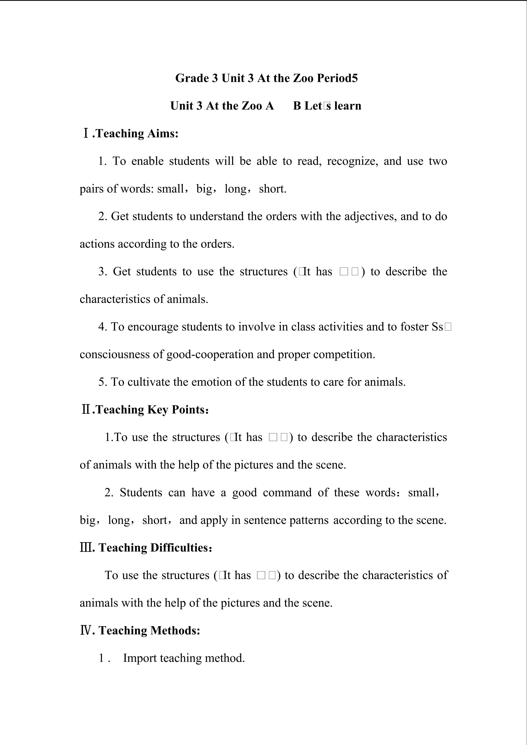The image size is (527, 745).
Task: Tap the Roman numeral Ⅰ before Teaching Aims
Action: coord(86,133)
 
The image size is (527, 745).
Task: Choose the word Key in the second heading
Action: coord(157,410)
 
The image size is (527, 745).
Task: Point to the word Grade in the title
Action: coord(191,78)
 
